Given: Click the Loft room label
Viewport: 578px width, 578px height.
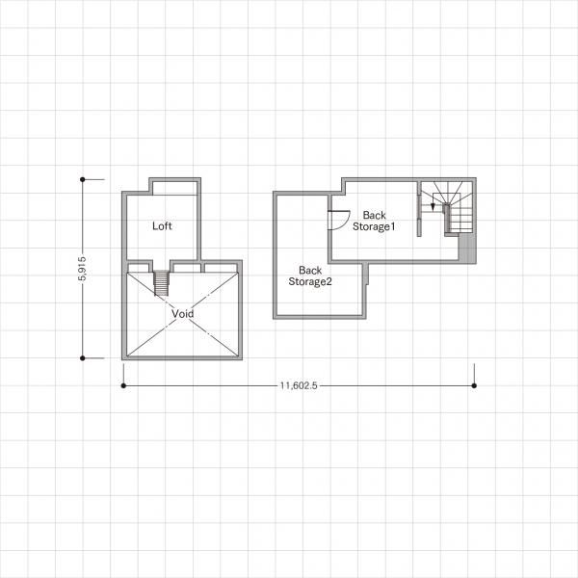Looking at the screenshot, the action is [x=162, y=226].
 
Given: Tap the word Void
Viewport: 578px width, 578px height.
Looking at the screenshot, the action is [x=182, y=314].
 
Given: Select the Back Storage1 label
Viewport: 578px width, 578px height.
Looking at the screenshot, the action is [x=374, y=221].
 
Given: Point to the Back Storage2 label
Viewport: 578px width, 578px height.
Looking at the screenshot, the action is [x=310, y=276].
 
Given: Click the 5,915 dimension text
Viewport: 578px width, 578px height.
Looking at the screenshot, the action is [x=82, y=269].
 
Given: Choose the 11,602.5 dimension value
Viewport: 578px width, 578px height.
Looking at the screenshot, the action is [x=299, y=385].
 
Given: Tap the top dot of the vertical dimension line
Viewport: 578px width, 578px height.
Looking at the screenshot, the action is [x=83, y=179].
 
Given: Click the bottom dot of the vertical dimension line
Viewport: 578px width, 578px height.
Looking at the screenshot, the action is [x=83, y=358].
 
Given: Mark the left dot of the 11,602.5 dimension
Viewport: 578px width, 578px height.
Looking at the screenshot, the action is [x=123, y=385].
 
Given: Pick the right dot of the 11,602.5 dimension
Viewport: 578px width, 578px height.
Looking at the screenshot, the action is [x=474, y=385].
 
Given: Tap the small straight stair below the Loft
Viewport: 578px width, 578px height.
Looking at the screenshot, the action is [x=162, y=283].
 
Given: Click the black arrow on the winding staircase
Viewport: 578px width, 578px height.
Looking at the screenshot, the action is [x=433, y=207].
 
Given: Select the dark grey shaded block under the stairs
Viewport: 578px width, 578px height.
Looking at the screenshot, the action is [x=466, y=248].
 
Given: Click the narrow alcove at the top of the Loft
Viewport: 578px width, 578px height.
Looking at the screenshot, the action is [x=174, y=188].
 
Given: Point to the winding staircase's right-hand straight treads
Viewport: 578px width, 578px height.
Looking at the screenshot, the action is [x=461, y=220].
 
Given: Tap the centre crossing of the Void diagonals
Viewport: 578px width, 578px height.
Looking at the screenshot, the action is [x=182, y=314].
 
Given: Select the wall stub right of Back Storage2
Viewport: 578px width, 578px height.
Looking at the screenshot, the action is [x=366, y=274].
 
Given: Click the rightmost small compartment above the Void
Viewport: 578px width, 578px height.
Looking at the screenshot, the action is [x=221, y=268].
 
